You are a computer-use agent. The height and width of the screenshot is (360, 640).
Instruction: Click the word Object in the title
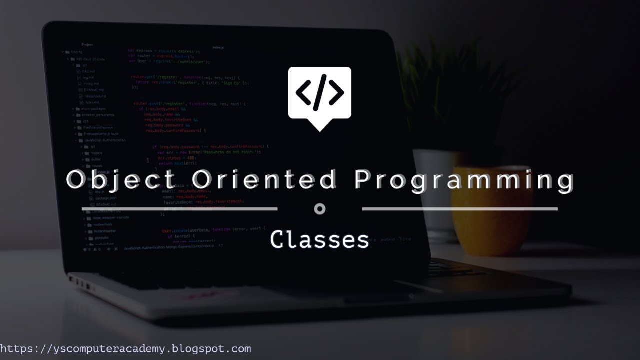120,180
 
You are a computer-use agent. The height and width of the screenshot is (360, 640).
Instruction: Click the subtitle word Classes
320,240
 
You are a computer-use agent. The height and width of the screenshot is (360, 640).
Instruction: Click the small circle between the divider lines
320,209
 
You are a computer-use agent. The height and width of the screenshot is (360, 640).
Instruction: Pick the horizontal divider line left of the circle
180,208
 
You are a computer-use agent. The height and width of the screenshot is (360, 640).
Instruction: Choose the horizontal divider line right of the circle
460,209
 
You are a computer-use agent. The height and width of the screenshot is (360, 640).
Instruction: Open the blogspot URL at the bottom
125,349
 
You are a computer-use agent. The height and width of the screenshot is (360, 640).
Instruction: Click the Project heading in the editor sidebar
87,45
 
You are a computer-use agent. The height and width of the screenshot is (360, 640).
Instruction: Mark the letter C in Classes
278,240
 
